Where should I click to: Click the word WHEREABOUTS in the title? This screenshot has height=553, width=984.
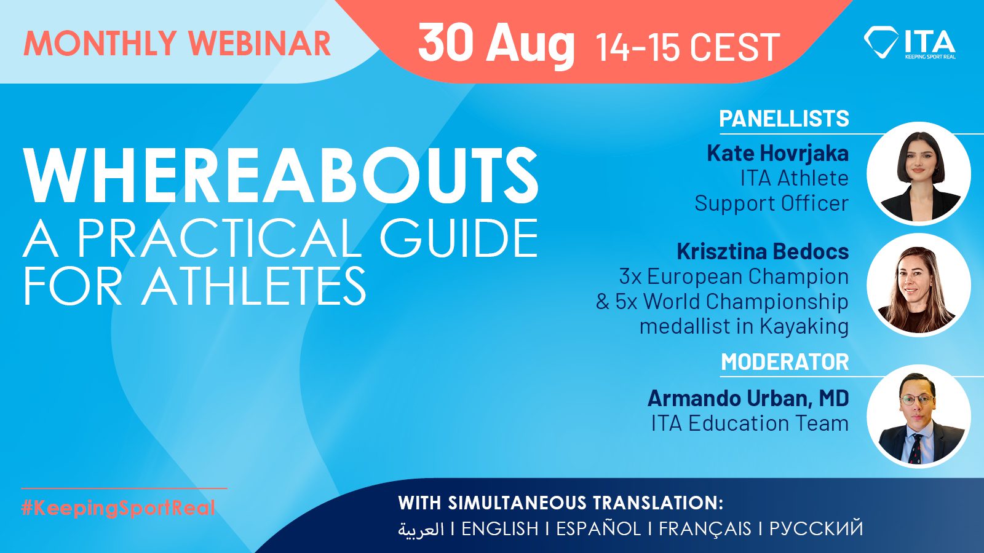point(280,175)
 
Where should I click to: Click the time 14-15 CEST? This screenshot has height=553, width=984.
point(688,47)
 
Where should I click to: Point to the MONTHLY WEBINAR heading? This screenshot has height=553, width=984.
point(177,43)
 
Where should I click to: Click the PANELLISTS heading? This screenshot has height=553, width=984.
point(784,119)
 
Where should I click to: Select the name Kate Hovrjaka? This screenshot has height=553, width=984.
point(777,153)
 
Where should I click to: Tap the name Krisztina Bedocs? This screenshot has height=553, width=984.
point(763,251)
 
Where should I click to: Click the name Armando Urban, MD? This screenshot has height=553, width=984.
point(748,398)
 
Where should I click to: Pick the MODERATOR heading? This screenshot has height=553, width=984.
point(785,362)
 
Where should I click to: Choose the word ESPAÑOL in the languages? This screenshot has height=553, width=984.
point(599,528)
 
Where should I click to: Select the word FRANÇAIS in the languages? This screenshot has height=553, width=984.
point(705,528)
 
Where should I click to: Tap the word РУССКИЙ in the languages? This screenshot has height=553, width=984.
point(816,528)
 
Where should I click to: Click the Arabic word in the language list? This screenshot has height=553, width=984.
point(421,529)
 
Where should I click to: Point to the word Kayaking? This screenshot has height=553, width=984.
point(804,327)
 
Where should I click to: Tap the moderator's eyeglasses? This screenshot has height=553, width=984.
point(918,400)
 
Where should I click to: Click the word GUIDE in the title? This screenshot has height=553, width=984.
point(459,239)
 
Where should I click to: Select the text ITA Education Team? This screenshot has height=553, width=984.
point(750,423)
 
